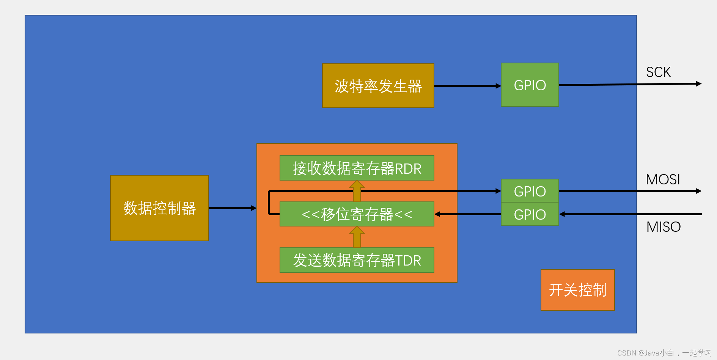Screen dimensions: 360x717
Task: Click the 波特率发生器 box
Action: [378, 86]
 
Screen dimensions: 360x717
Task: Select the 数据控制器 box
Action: [159, 208]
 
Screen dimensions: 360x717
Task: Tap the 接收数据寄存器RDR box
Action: [357, 168]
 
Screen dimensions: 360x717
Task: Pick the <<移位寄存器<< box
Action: [357, 214]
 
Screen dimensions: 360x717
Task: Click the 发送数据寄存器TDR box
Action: [357, 260]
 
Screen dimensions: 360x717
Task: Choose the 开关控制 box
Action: [577, 290]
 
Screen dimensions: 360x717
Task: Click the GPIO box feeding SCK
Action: [530, 85]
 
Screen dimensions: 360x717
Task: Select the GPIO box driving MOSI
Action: [530, 191]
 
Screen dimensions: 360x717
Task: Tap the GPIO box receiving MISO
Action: [530, 214]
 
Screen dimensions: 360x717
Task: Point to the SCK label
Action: [658, 72]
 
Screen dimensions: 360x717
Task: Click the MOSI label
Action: [663, 179]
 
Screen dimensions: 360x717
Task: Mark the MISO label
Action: [663, 227]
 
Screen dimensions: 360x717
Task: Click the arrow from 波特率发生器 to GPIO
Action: [467, 86]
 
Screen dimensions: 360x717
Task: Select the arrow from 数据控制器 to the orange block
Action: [233, 208]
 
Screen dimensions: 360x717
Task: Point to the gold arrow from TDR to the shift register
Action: [357, 237]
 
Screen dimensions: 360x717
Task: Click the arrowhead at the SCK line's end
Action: [698, 84]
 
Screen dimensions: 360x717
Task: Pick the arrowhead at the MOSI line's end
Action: [698, 191]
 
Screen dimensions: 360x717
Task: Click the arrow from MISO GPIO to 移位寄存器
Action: [467, 214]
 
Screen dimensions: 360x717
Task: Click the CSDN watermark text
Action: [664, 353]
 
